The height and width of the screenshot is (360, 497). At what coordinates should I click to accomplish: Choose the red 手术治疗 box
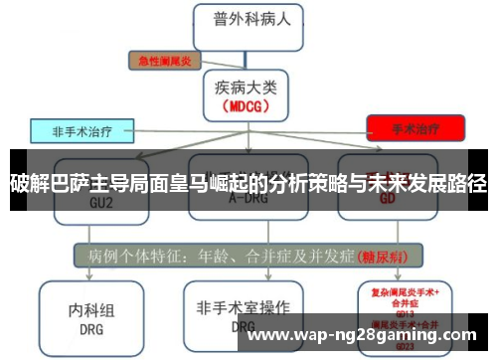point(415,128)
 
